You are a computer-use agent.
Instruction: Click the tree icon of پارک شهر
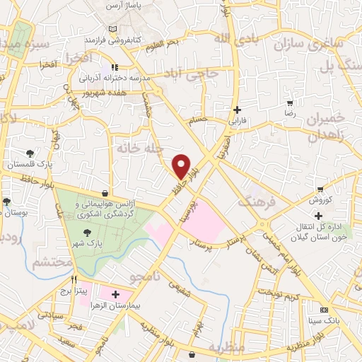click(87, 233)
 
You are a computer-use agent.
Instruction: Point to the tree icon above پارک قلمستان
click(30, 153)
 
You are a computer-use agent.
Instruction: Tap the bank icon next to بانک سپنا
click(324, 310)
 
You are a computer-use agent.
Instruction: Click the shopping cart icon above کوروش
click(320, 189)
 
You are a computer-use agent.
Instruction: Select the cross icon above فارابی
click(237, 110)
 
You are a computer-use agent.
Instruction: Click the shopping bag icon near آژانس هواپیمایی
click(105, 192)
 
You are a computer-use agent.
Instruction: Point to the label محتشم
click(52, 262)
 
